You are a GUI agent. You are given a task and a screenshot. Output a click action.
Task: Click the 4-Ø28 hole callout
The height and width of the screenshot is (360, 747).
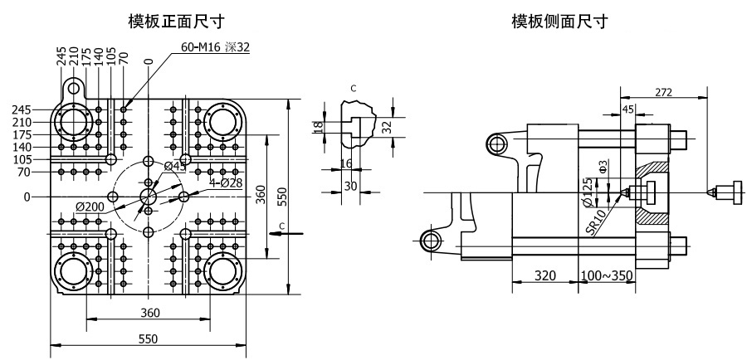[225, 183]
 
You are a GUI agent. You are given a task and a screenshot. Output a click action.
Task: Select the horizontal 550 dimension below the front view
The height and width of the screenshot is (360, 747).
[148, 338]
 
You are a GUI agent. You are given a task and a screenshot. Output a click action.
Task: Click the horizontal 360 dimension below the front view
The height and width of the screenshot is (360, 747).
[149, 313]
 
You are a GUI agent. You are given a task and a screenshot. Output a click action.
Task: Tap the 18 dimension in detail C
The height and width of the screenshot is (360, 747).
[317, 126]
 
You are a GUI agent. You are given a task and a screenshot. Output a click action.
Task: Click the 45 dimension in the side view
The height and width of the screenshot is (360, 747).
[627, 109]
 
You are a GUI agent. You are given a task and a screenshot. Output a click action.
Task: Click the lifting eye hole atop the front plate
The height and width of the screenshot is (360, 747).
[75, 86]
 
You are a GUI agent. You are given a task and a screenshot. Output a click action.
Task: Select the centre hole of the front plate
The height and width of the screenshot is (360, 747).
[149, 197]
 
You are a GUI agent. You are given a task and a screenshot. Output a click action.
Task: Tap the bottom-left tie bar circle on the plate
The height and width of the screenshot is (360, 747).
[73, 270]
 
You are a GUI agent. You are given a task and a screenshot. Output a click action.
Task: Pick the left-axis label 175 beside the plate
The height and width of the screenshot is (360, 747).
[32, 134]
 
